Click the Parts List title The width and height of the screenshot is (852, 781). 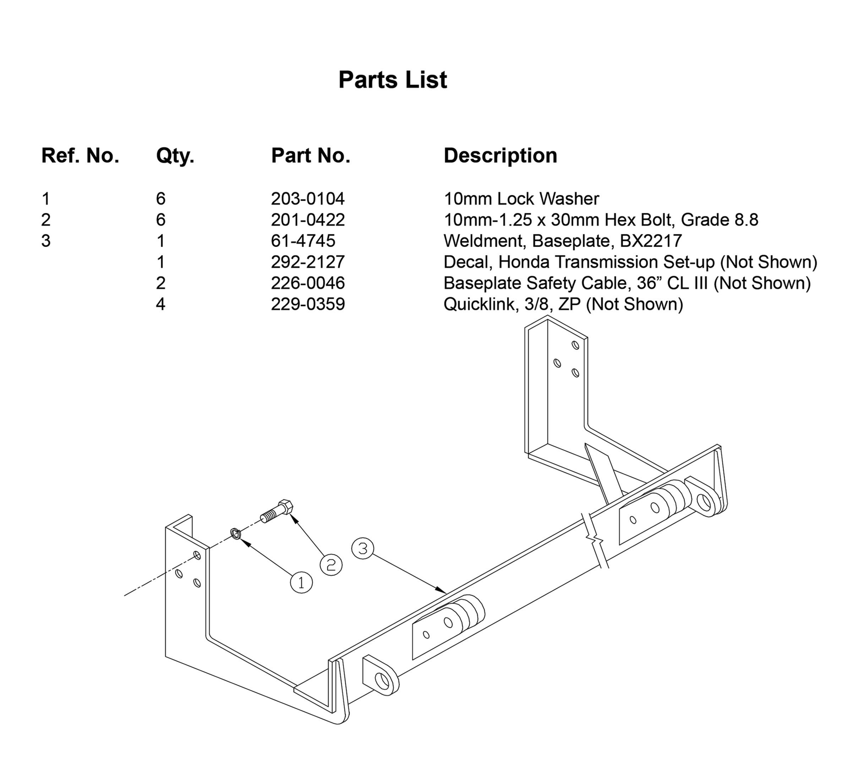tap(393, 80)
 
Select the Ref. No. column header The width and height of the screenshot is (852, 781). tap(80, 156)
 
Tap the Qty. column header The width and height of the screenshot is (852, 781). tap(175, 156)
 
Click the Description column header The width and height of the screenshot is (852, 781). tap(501, 156)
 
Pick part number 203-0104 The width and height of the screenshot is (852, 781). tap(308, 199)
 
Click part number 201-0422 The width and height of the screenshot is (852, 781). tap(308, 220)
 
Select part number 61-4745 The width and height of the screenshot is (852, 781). tap(303, 241)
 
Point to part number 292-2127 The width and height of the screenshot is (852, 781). tap(308, 262)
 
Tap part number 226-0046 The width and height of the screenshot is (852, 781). tap(308, 283)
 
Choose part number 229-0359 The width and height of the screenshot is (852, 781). tap(308, 304)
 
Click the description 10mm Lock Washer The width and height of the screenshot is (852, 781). tap(521, 199)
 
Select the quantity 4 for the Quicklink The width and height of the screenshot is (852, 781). tap(160, 304)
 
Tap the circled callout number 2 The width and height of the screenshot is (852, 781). tap(331, 564)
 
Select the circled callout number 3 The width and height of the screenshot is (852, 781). tap(362, 548)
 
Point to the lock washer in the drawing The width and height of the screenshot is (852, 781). tap(236, 534)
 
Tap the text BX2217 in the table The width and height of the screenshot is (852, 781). tap(651, 241)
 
